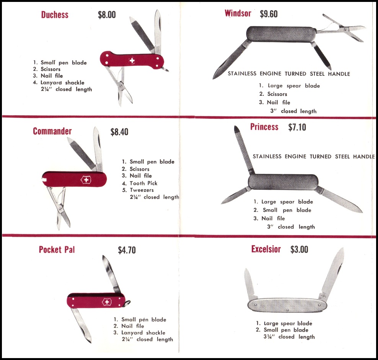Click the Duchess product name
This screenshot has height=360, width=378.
(55, 15)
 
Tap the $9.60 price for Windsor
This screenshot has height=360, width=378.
(269, 14)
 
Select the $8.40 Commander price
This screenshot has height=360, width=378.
(119, 132)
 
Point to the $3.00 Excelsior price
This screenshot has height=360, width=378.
(299, 249)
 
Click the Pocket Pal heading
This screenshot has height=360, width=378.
(57, 249)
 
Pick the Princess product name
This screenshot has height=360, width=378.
(264, 127)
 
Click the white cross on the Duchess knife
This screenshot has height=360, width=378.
(132, 61)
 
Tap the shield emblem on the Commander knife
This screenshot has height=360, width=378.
(86, 180)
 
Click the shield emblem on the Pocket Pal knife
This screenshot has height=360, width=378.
(107, 302)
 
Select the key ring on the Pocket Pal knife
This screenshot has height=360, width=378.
(127, 303)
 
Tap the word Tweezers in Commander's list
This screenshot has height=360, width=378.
(142, 190)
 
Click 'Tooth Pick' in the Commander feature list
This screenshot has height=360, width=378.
(143, 183)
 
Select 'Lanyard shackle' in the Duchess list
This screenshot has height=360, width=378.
(62, 82)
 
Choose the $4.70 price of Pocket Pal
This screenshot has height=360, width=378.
(127, 250)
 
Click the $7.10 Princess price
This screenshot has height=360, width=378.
(297, 127)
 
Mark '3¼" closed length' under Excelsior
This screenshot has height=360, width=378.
(289, 337)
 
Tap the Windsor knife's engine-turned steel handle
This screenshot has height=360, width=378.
(281, 34)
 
